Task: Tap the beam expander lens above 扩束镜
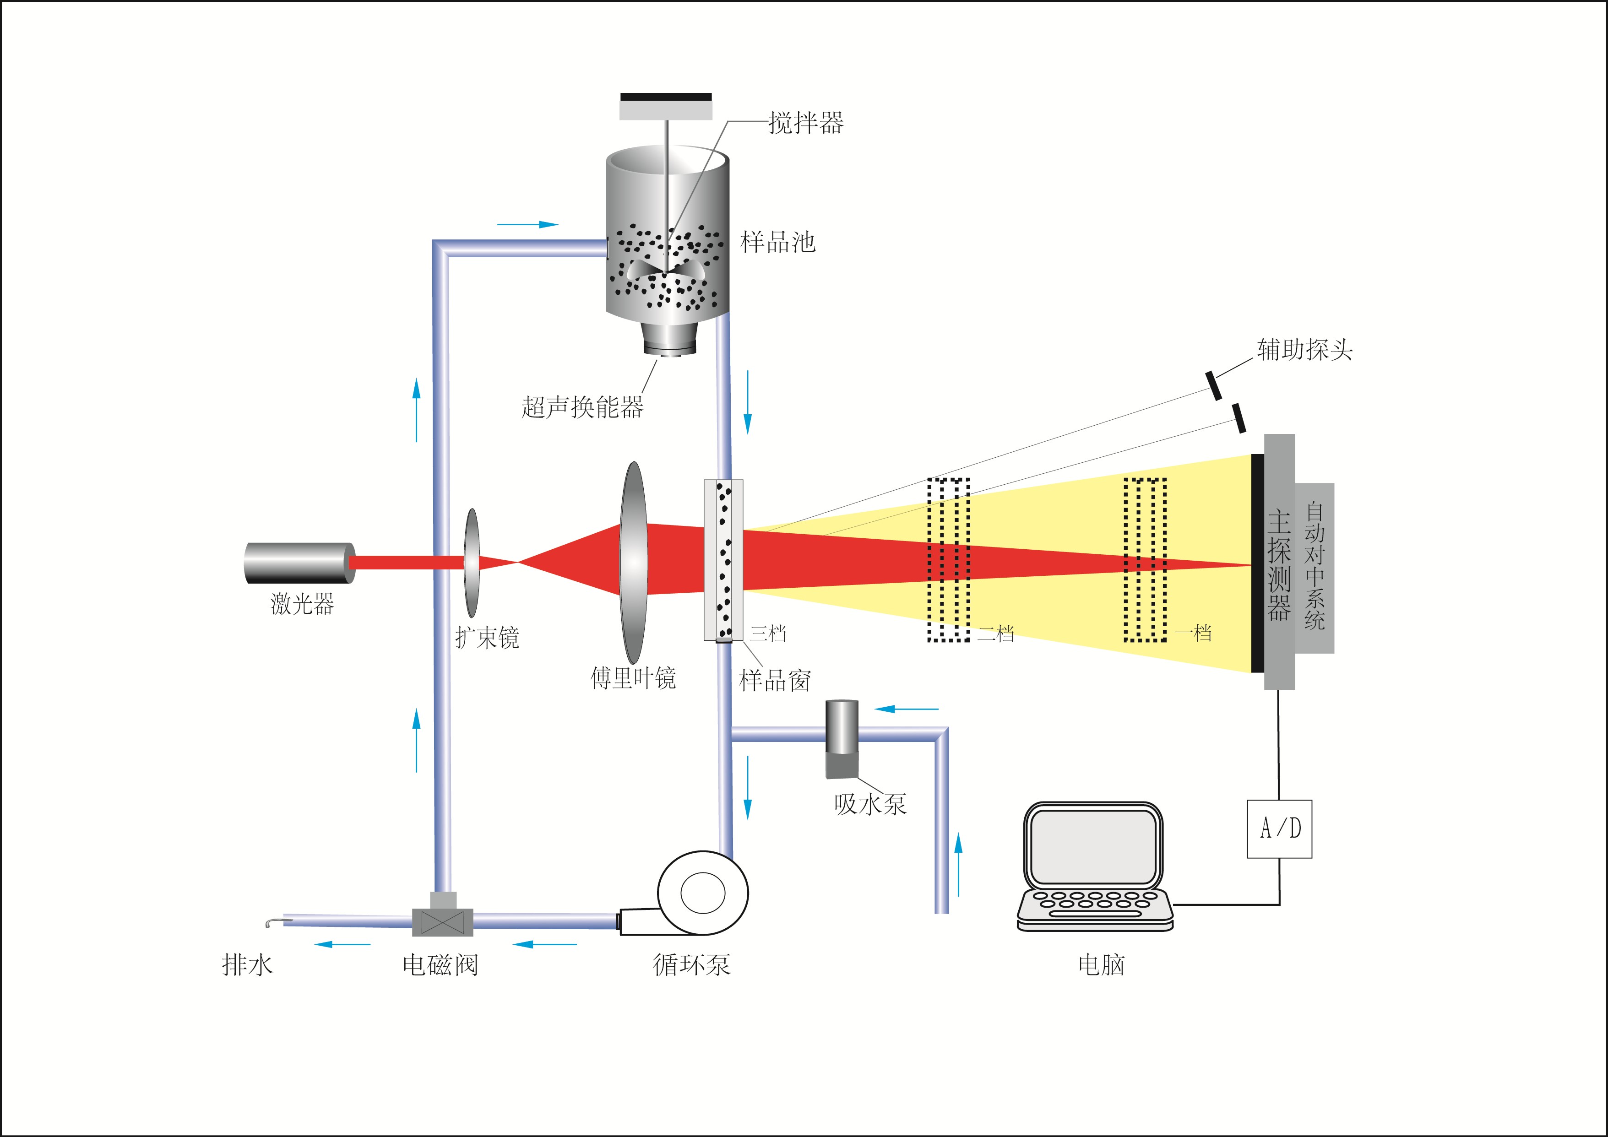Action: (x=473, y=562)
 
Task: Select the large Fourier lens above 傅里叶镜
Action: (x=633, y=562)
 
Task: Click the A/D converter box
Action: (x=1279, y=829)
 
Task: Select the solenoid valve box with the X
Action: (x=443, y=921)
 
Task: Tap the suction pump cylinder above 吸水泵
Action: (x=842, y=739)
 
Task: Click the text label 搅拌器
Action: (x=805, y=123)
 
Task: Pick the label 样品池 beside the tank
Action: (x=777, y=242)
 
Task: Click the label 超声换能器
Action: (x=582, y=407)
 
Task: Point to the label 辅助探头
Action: (x=1304, y=349)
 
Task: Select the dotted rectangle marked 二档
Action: (x=948, y=560)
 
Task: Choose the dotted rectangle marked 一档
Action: (x=1145, y=560)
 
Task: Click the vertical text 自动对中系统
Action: (x=1315, y=567)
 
